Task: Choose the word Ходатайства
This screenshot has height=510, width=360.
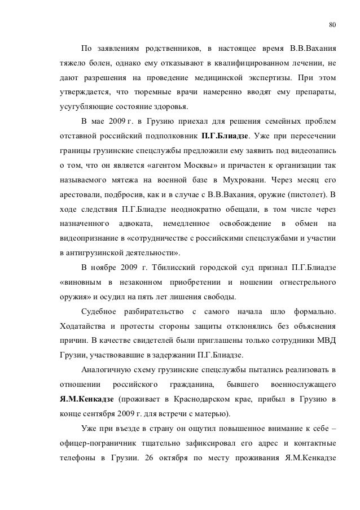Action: (82, 326)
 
